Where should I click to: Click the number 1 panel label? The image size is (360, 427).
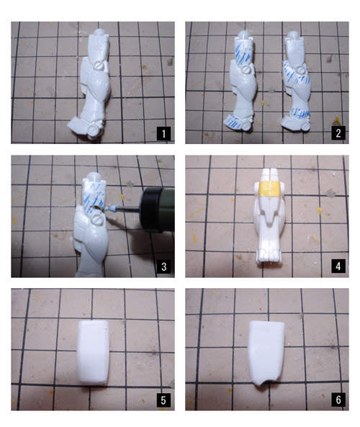pyautogui.click(x=163, y=133)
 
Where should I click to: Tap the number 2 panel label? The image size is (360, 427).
pyautogui.click(x=338, y=133)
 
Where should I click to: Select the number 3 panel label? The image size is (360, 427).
pyautogui.click(x=163, y=266)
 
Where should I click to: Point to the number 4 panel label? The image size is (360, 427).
pyautogui.click(x=338, y=266)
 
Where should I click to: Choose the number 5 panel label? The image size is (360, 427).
pyautogui.click(x=163, y=400)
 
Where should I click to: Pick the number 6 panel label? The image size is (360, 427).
pyautogui.click(x=338, y=400)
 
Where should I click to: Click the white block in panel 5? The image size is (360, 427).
pyautogui.click(x=94, y=353)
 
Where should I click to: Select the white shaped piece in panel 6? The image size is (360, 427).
pyautogui.click(x=266, y=354)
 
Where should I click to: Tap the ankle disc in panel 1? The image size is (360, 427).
pyautogui.click(x=94, y=130)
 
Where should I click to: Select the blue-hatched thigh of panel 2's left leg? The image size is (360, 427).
pyautogui.click(x=244, y=53)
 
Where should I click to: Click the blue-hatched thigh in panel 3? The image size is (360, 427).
pyautogui.click(x=94, y=195)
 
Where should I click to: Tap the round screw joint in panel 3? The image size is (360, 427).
pyautogui.click(x=96, y=219)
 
